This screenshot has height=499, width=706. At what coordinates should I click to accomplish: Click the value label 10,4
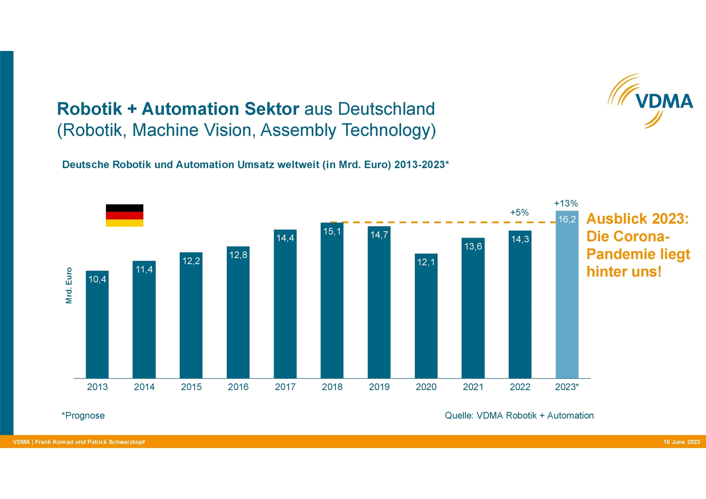(97, 279)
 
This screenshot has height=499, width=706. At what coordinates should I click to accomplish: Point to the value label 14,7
(379, 235)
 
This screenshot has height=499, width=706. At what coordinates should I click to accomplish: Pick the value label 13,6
(473, 246)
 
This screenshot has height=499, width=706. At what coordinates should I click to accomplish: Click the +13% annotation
(566, 203)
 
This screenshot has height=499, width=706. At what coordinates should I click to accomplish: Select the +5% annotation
(519, 212)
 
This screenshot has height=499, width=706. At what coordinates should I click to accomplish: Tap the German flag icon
(124, 215)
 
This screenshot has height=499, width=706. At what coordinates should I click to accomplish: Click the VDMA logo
(650, 101)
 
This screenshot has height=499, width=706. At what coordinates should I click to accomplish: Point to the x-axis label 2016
(238, 387)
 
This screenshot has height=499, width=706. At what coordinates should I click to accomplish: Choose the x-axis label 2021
(473, 387)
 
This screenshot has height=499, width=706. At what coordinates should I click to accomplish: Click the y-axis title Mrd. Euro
(69, 285)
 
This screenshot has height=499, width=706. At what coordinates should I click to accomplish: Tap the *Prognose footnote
(83, 416)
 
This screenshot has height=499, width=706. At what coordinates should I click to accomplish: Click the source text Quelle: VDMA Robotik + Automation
(519, 416)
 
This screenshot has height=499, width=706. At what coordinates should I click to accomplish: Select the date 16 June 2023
(681, 442)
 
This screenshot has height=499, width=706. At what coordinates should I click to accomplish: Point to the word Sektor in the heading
(272, 109)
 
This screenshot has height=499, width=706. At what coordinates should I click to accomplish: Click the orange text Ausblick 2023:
(637, 219)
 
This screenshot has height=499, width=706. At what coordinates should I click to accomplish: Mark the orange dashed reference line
(441, 222)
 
